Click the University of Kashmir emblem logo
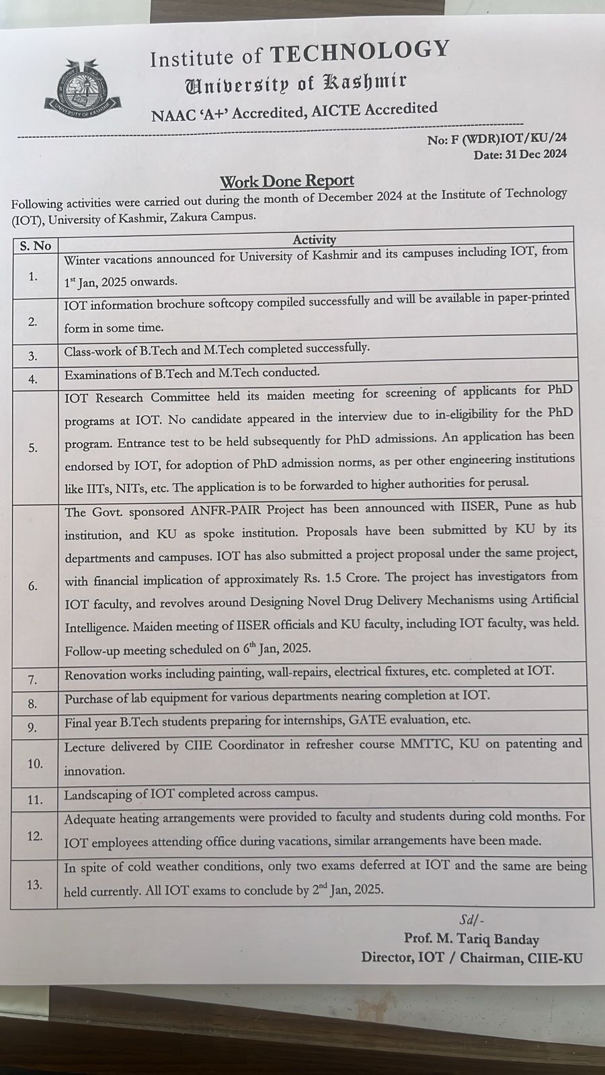[x=84, y=87]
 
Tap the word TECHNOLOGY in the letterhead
[x=360, y=52]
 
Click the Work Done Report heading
[x=287, y=181]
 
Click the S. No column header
[x=35, y=246]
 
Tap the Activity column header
[x=314, y=240]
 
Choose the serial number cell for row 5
[x=34, y=447]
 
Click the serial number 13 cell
[x=34, y=885]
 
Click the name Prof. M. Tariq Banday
[x=471, y=939]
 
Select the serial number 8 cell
[x=33, y=704]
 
